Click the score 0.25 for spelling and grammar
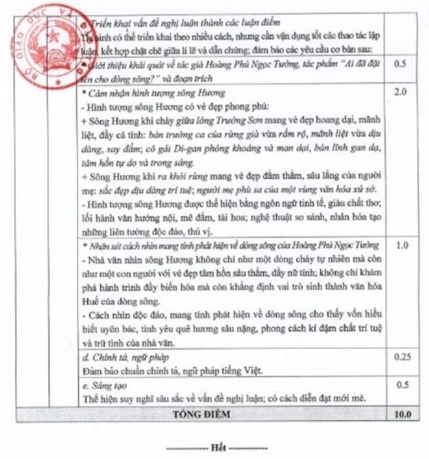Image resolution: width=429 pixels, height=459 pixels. [x=403, y=355]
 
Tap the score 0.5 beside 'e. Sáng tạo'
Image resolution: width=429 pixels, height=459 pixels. [x=403, y=385]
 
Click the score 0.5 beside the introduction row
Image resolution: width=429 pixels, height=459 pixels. [x=403, y=64]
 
